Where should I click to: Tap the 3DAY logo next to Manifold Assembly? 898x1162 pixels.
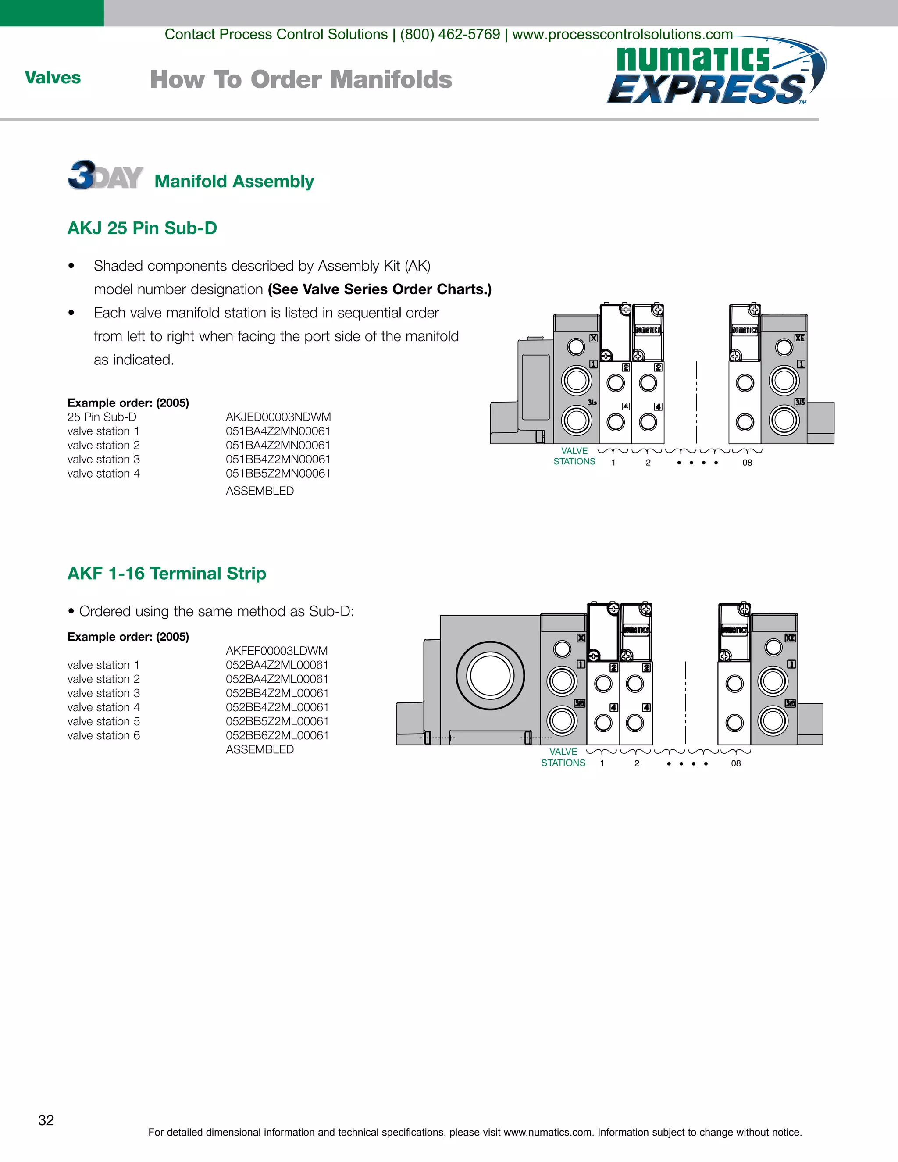coord(105,175)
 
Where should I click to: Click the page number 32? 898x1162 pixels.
coord(46,1120)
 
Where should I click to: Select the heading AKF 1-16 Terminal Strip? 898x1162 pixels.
coord(167,574)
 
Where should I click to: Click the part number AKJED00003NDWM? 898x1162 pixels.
coord(278,417)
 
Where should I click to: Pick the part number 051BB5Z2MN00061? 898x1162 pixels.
coord(278,474)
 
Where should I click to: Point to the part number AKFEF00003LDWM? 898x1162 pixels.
coord(277,651)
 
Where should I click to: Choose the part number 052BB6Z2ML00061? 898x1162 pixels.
coord(277,735)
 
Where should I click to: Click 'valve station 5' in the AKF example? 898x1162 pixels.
coord(104,721)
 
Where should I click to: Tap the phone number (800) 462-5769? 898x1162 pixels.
coord(450,35)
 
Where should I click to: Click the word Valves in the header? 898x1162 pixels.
coord(53,78)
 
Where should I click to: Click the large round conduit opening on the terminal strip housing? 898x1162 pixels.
coord(490,676)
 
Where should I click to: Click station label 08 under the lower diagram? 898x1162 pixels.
coord(736,763)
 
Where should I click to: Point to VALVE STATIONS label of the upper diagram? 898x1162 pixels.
coord(574,456)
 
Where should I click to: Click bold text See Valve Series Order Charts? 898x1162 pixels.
coord(380,289)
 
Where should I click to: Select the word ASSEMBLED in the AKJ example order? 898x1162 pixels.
coord(260,491)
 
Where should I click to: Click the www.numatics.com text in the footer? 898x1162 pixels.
coord(547,1132)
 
